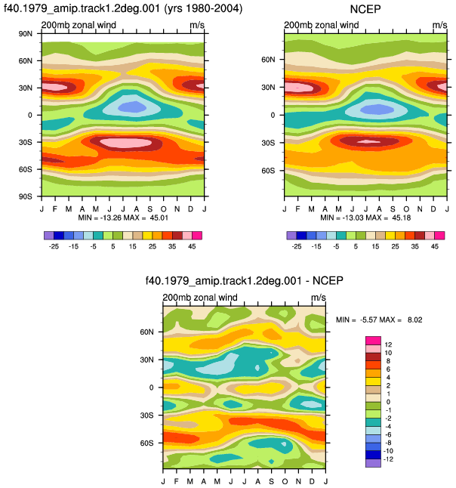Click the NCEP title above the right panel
pos(365,9)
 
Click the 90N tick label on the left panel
pos(25,33)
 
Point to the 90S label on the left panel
pos(25,196)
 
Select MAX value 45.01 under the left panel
pos(159,218)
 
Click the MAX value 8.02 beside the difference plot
pos(415,320)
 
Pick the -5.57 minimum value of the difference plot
pos(369,320)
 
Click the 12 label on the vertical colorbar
pos(388,344)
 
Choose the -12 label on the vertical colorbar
pos(389,459)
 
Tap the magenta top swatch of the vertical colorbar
pos(373,341)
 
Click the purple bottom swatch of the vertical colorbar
pos(373,463)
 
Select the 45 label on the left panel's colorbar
pos(192,246)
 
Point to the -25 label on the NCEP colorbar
pos(297,246)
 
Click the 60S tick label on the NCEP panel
pos(268,171)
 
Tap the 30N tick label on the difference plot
pos(146,360)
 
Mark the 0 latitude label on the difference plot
pos(151,388)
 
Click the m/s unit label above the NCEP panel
pos(440,25)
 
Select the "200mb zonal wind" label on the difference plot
pos(200,297)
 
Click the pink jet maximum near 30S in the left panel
pos(125,143)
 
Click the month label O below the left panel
pos(164,208)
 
